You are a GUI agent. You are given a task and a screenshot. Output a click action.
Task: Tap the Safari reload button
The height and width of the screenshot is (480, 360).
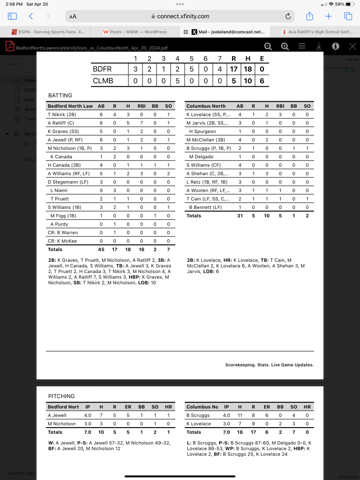pos(288,16)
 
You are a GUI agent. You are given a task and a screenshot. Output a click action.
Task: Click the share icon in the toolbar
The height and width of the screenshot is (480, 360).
pos(309,16)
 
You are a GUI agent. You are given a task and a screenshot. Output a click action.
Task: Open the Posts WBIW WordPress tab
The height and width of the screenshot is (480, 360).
pos(135,32)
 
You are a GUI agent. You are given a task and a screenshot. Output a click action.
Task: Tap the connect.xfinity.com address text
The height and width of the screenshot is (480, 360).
pos(183,16)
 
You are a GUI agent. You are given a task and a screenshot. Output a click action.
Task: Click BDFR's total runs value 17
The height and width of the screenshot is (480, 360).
pos(233,69)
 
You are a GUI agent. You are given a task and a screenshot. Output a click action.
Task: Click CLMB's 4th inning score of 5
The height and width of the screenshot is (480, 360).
pos(177,81)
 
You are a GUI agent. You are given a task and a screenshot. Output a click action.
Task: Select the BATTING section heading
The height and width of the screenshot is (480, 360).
pos(60,96)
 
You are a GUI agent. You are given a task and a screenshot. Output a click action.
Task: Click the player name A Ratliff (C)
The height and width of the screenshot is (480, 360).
pos(60,123)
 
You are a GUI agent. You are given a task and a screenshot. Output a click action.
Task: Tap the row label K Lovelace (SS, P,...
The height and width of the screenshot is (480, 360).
pos(208,114)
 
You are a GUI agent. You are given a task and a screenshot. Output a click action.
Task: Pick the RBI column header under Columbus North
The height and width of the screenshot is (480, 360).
pos(280,106)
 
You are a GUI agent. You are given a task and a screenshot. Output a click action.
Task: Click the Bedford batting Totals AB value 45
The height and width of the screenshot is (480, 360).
pos(101,250)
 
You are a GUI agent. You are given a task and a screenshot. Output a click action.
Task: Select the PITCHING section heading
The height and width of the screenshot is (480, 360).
pos(61,396)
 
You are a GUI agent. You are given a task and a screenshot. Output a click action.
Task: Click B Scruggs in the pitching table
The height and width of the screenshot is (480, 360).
pos(198,415)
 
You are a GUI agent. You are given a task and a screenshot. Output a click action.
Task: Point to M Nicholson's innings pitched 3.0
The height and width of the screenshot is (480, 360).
pos(87,424)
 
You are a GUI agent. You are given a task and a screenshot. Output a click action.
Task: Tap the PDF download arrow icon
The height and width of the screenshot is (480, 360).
pos(319,46)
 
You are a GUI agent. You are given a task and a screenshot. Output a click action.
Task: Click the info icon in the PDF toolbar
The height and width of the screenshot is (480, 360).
pos(336,46)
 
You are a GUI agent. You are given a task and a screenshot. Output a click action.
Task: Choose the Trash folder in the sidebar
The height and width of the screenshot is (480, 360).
pos(30,119)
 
